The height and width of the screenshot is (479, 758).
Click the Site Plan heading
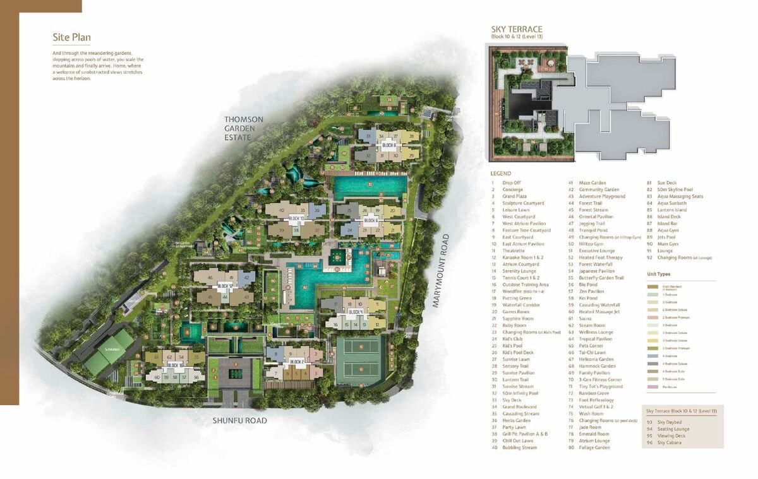point(72,37)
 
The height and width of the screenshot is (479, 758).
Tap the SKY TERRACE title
point(517,29)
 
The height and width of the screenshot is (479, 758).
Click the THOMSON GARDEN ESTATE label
point(244,128)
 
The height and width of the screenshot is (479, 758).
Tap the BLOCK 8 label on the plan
point(388,145)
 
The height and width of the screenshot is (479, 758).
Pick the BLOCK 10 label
point(296,218)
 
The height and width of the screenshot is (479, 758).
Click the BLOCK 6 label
point(371,220)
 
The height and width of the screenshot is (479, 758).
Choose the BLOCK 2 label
point(296,362)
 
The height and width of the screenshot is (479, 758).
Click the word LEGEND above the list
point(501,174)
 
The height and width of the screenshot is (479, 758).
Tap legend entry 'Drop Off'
point(512,183)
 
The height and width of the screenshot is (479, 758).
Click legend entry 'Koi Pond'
point(589,299)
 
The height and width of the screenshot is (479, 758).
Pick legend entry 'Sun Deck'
point(667,183)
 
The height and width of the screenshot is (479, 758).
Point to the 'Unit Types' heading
point(659,275)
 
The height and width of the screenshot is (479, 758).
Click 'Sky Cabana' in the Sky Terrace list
point(670,442)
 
